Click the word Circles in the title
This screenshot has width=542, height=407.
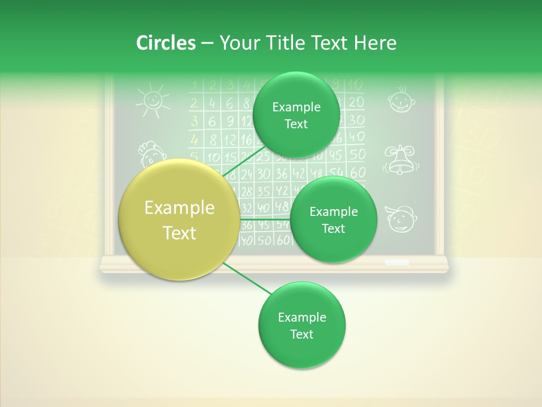coord(165,43)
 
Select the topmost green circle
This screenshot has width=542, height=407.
coord(296,115)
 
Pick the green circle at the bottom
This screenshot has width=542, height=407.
coord(301,325)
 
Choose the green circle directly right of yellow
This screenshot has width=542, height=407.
coord(333,219)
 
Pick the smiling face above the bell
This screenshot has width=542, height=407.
coord(400,99)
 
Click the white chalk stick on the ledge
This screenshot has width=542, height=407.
coord(397,262)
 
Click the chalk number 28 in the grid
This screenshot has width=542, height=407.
coord(246,192)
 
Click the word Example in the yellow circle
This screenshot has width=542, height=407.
coord(179,208)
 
